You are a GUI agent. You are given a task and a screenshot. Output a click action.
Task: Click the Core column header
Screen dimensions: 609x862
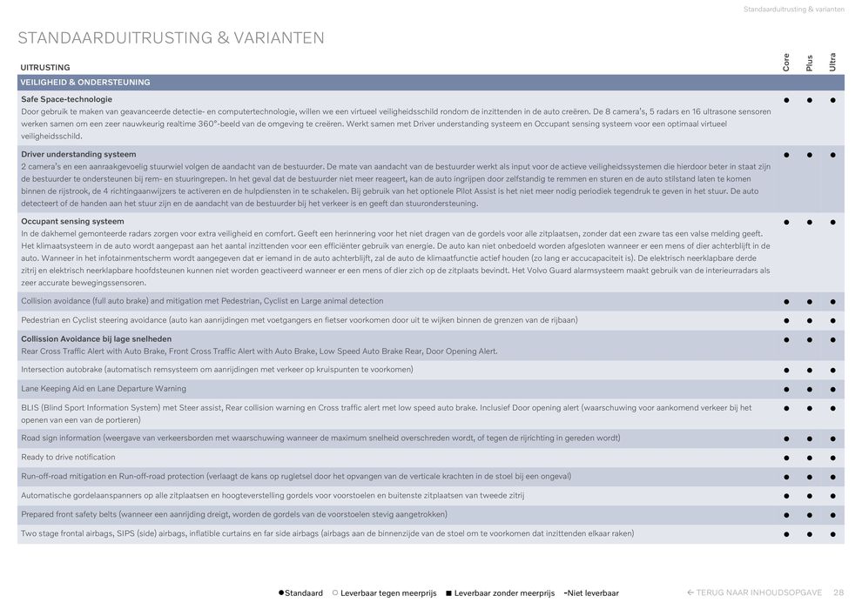click(x=786, y=62)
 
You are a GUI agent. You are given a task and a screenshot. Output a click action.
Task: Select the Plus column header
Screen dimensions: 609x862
click(x=810, y=63)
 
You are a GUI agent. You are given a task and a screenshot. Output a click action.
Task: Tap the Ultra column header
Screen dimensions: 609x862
click(x=833, y=62)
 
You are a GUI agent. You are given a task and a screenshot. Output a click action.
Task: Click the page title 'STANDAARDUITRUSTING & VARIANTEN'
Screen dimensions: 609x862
click(x=171, y=38)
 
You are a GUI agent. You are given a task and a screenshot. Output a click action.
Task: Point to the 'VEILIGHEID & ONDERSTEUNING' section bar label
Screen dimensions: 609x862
click(x=85, y=83)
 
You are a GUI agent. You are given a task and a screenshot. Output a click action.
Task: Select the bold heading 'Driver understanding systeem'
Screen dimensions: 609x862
click(x=78, y=154)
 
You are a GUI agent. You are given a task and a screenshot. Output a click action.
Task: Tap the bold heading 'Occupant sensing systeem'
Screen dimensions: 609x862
click(x=72, y=222)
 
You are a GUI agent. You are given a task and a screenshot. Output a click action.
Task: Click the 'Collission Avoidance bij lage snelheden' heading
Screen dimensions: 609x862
click(x=96, y=339)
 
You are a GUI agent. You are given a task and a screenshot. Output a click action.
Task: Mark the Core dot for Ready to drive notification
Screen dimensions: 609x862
click(x=786, y=458)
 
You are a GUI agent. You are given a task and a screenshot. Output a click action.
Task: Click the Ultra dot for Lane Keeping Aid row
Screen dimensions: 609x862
click(x=833, y=389)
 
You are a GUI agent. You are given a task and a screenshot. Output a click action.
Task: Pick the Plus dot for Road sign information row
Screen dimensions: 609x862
click(x=810, y=438)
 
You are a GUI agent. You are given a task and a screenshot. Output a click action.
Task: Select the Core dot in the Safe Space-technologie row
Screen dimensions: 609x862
click(x=786, y=100)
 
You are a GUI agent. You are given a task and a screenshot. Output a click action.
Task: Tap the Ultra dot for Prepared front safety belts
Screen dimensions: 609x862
click(x=833, y=515)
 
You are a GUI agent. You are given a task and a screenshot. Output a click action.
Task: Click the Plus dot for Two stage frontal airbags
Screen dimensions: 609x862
click(x=810, y=534)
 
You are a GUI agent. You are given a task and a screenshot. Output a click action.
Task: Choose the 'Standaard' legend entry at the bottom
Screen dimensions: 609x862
click(x=300, y=593)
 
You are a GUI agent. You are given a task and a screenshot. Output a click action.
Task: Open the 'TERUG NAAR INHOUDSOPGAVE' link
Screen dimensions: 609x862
click(x=754, y=593)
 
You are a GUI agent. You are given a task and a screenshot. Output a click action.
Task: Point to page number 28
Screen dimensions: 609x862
click(x=838, y=593)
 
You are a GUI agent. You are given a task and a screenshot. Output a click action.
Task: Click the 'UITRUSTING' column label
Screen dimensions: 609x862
click(x=45, y=67)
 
